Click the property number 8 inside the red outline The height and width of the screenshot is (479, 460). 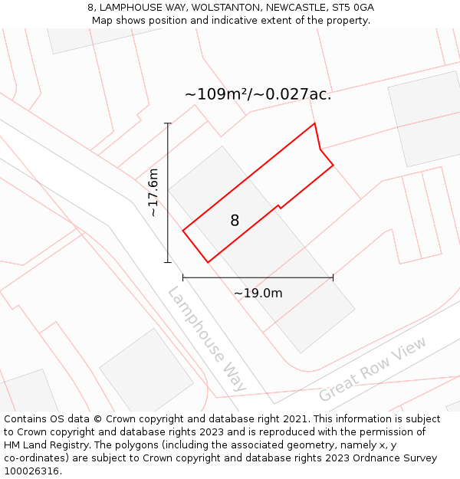coord(235,221)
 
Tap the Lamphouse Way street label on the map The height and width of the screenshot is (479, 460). coord(206,340)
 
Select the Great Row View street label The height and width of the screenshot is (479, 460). coord(373,369)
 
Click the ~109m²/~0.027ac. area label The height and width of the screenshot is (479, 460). coord(258,94)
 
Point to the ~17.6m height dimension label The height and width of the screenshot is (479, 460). coord(153,192)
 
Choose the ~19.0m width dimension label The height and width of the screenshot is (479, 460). coord(258,293)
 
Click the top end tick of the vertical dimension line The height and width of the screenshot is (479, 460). coord(168,123)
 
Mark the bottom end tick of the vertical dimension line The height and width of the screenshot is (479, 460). coord(168,262)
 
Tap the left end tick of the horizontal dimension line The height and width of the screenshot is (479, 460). coord(183,277)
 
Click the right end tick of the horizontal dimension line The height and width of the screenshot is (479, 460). coord(333,277)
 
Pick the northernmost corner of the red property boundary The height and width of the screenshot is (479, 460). coord(314,123)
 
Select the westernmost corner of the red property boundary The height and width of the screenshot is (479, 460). coord(183,230)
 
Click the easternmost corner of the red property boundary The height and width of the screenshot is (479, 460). coord(333,165)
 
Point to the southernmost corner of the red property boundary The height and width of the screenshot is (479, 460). coord(208,262)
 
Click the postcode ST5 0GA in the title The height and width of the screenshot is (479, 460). coord(352,8)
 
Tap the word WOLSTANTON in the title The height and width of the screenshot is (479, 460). coord(226,8)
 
